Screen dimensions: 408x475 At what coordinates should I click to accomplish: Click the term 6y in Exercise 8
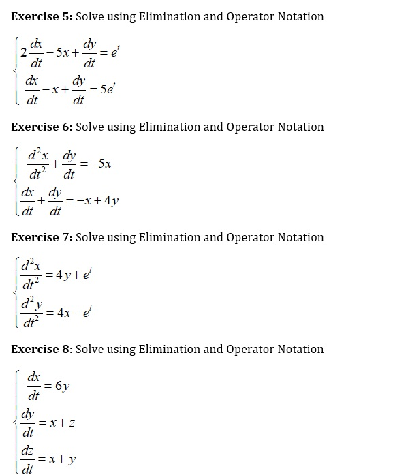tap(61, 386)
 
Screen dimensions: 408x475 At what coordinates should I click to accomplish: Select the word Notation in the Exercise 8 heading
tap(301, 349)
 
